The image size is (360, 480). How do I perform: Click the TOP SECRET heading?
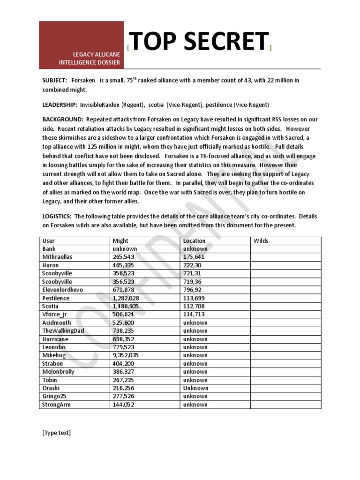(x=199, y=43)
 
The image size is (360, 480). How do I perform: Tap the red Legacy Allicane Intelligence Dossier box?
(x=82, y=45)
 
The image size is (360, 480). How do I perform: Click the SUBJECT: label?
(x=55, y=81)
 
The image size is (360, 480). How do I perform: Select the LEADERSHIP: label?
(x=60, y=105)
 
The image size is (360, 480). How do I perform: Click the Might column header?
(x=120, y=241)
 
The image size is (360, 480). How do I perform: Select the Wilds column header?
(x=261, y=241)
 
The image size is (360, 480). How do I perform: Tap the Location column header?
(x=194, y=241)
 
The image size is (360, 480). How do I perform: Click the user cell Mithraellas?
(x=58, y=257)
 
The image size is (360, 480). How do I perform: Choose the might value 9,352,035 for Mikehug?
(x=127, y=355)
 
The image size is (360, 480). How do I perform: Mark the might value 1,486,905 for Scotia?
(x=127, y=306)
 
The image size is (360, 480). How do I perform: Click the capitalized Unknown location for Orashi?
(x=195, y=388)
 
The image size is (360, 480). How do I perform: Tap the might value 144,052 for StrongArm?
(x=123, y=405)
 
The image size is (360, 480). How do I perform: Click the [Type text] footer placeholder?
(x=56, y=433)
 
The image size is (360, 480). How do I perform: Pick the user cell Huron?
(x=50, y=265)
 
